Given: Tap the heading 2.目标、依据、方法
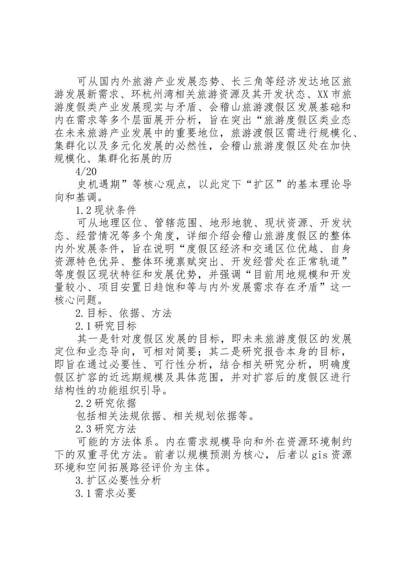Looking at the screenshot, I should (x=123, y=313).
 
